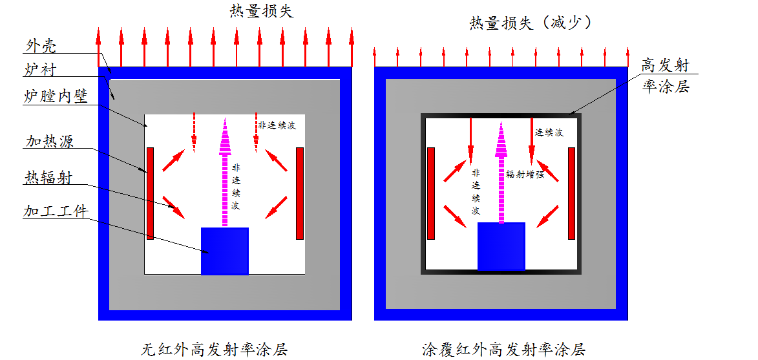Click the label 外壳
[x=40, y=47]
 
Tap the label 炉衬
[x=40, y=70]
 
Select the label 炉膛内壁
[x=56, y=97]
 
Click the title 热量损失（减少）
[x=531, y=23]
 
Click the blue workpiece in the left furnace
[x=225, y=251]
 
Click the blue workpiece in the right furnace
[x=501, y=246]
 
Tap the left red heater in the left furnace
[x=150, y=193]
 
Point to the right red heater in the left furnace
[x=300, y=193]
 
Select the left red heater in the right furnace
[x=431, y=193]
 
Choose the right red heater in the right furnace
[x=571, y=193]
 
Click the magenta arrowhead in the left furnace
[x=225, y=136]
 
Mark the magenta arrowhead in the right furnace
[x=501, y=139]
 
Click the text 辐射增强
[x=525, y=175]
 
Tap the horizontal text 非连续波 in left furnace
[x=277, y=125]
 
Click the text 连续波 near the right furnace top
[x=549, y=132]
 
